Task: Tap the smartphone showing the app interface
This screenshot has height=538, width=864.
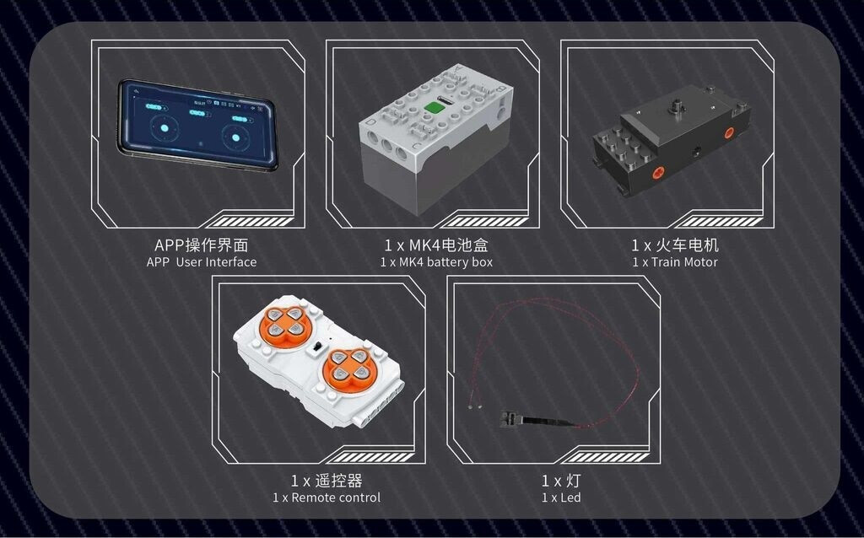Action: tap(197, 125)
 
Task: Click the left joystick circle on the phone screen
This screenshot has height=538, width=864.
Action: tap(165, 128)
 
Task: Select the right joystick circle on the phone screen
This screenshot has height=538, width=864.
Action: tap(236, 137)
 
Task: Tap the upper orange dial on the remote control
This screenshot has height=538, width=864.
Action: tap(285, 325)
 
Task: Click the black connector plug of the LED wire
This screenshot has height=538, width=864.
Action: tap(510, 419)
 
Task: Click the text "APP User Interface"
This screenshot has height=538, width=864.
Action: tap(202, 262)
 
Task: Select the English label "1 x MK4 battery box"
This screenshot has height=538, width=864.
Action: tap(436, 262)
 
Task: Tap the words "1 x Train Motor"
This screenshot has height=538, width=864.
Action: tap(675, 262)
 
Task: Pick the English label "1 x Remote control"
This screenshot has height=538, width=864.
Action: tap(327, 498)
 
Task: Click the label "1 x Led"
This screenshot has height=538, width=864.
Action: tap(561, 498)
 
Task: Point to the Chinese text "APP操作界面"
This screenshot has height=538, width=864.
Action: tap(202, 245)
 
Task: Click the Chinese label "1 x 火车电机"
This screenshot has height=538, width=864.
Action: tap(675, 245)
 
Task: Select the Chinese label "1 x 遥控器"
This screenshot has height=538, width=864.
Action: tap(327, 481)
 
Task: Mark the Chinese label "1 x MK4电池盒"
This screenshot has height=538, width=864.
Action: tap(436, 245)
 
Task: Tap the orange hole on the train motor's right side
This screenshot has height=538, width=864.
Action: tap(730, 132)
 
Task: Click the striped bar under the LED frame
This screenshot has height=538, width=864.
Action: tap(606, 457)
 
